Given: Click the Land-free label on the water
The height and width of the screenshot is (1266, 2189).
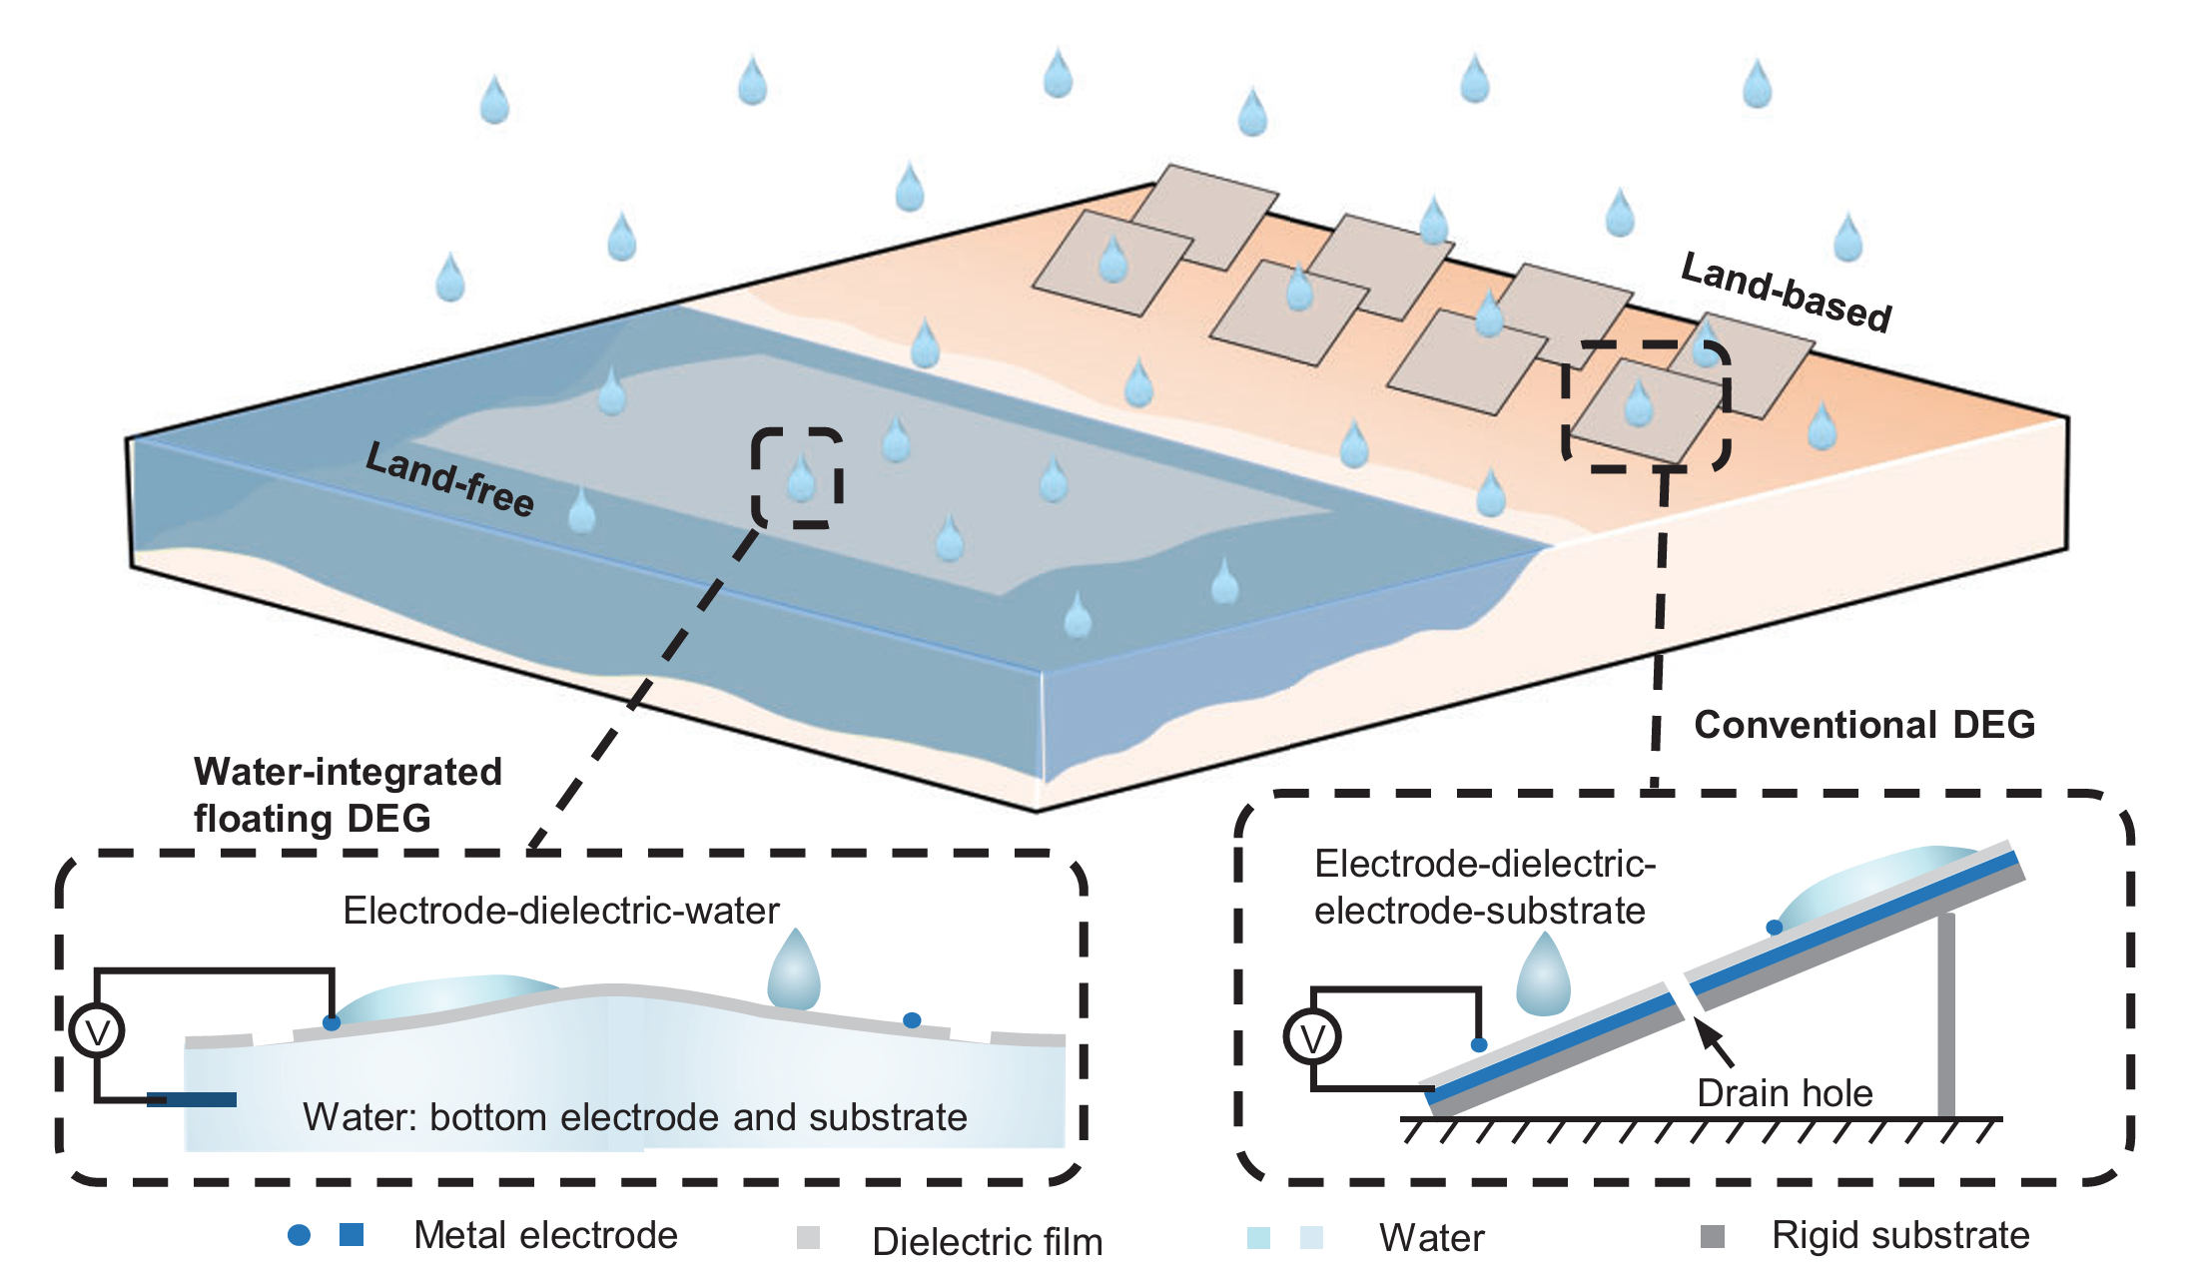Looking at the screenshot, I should tap(449, 479).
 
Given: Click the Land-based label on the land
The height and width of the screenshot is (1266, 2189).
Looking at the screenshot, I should tap(1786, 292).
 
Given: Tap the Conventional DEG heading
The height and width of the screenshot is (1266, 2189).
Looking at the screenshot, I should tap(1863, 724).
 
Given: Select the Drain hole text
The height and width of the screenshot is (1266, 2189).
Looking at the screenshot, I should tap(1784, 1093).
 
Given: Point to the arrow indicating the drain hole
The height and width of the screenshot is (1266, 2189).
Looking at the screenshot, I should tap(1716, 1042).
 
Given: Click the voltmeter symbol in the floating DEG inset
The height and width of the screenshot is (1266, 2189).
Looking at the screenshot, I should tap(97, 1031).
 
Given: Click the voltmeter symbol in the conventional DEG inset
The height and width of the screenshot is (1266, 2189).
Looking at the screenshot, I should tap(1311, 1037).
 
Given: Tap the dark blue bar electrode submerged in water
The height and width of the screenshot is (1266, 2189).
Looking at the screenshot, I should tap(192, 1099).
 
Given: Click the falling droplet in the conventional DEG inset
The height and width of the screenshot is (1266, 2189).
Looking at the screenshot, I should tap(1543, 975).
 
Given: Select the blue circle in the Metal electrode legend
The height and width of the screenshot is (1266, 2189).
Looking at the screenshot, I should tap(299, 1235).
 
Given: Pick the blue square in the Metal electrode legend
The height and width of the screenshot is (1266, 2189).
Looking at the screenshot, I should tap(352, 1235).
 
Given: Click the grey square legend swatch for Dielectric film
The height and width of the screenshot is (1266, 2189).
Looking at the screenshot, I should tap(808, 1238).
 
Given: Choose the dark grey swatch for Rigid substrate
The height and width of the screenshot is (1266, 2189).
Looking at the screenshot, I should tap(1713, 1236).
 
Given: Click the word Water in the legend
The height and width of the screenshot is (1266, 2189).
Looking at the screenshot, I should tap(1431, 1238).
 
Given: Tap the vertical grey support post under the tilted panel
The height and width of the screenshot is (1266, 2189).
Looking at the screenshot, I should tap(1945, 1013).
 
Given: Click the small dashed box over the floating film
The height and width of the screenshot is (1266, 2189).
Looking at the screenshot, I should tap(797, 477).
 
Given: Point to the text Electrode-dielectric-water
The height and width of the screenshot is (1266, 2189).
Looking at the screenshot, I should tap(560, 911).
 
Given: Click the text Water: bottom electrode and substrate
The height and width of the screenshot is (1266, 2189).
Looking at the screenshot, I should tap(634, 1117).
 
